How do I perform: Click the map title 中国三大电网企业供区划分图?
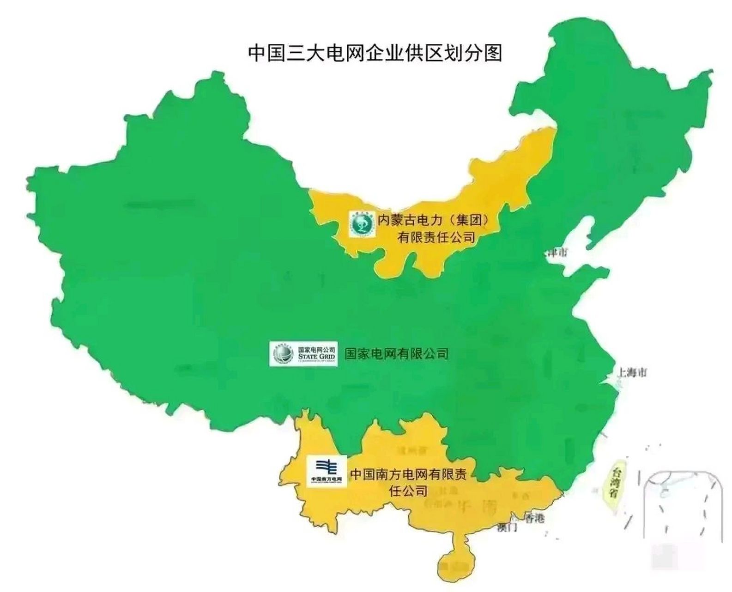pyautogui.click(x=375, y=53)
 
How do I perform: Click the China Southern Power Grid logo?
pyautogui.click(x=327, y=471)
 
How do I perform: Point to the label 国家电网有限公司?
pyautogui.click(x=396, y=354)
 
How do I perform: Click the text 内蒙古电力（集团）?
pyautogui.click(x=433, y=220)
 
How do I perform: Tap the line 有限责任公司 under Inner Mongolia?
pyautogui.click(x=436, y=238)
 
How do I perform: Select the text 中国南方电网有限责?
pyautogui.click(x=408, y=475)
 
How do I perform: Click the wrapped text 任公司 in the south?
pyautogui.click(x=408, y=491)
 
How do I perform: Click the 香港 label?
pyautogui.click(x=534, y=518)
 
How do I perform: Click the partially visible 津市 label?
pyautogui.click(x=556, y=253)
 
